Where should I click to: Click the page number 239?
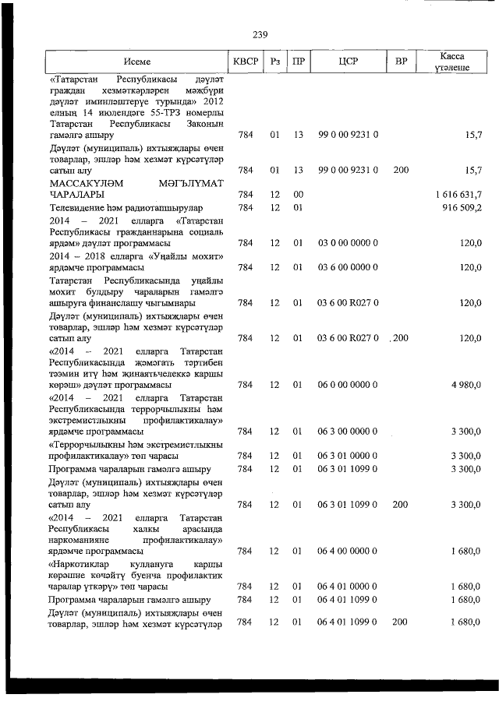click(260, 33)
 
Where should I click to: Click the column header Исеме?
click(136, 62)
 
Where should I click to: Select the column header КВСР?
click(246, 62)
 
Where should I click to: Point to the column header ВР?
click(401, 62)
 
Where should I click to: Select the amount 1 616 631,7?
click(459, 194)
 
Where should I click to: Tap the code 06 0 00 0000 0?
click(349, 385)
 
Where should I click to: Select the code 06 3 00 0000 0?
click(349, 432)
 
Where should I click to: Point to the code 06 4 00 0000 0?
click(349, 551)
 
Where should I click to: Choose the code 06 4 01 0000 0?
click(349, 586)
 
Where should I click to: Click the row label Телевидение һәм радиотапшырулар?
click(126, 208)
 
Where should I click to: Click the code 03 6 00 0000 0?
click(349, 267)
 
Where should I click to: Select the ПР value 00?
click(297, 194)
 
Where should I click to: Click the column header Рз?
click(274, 62)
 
